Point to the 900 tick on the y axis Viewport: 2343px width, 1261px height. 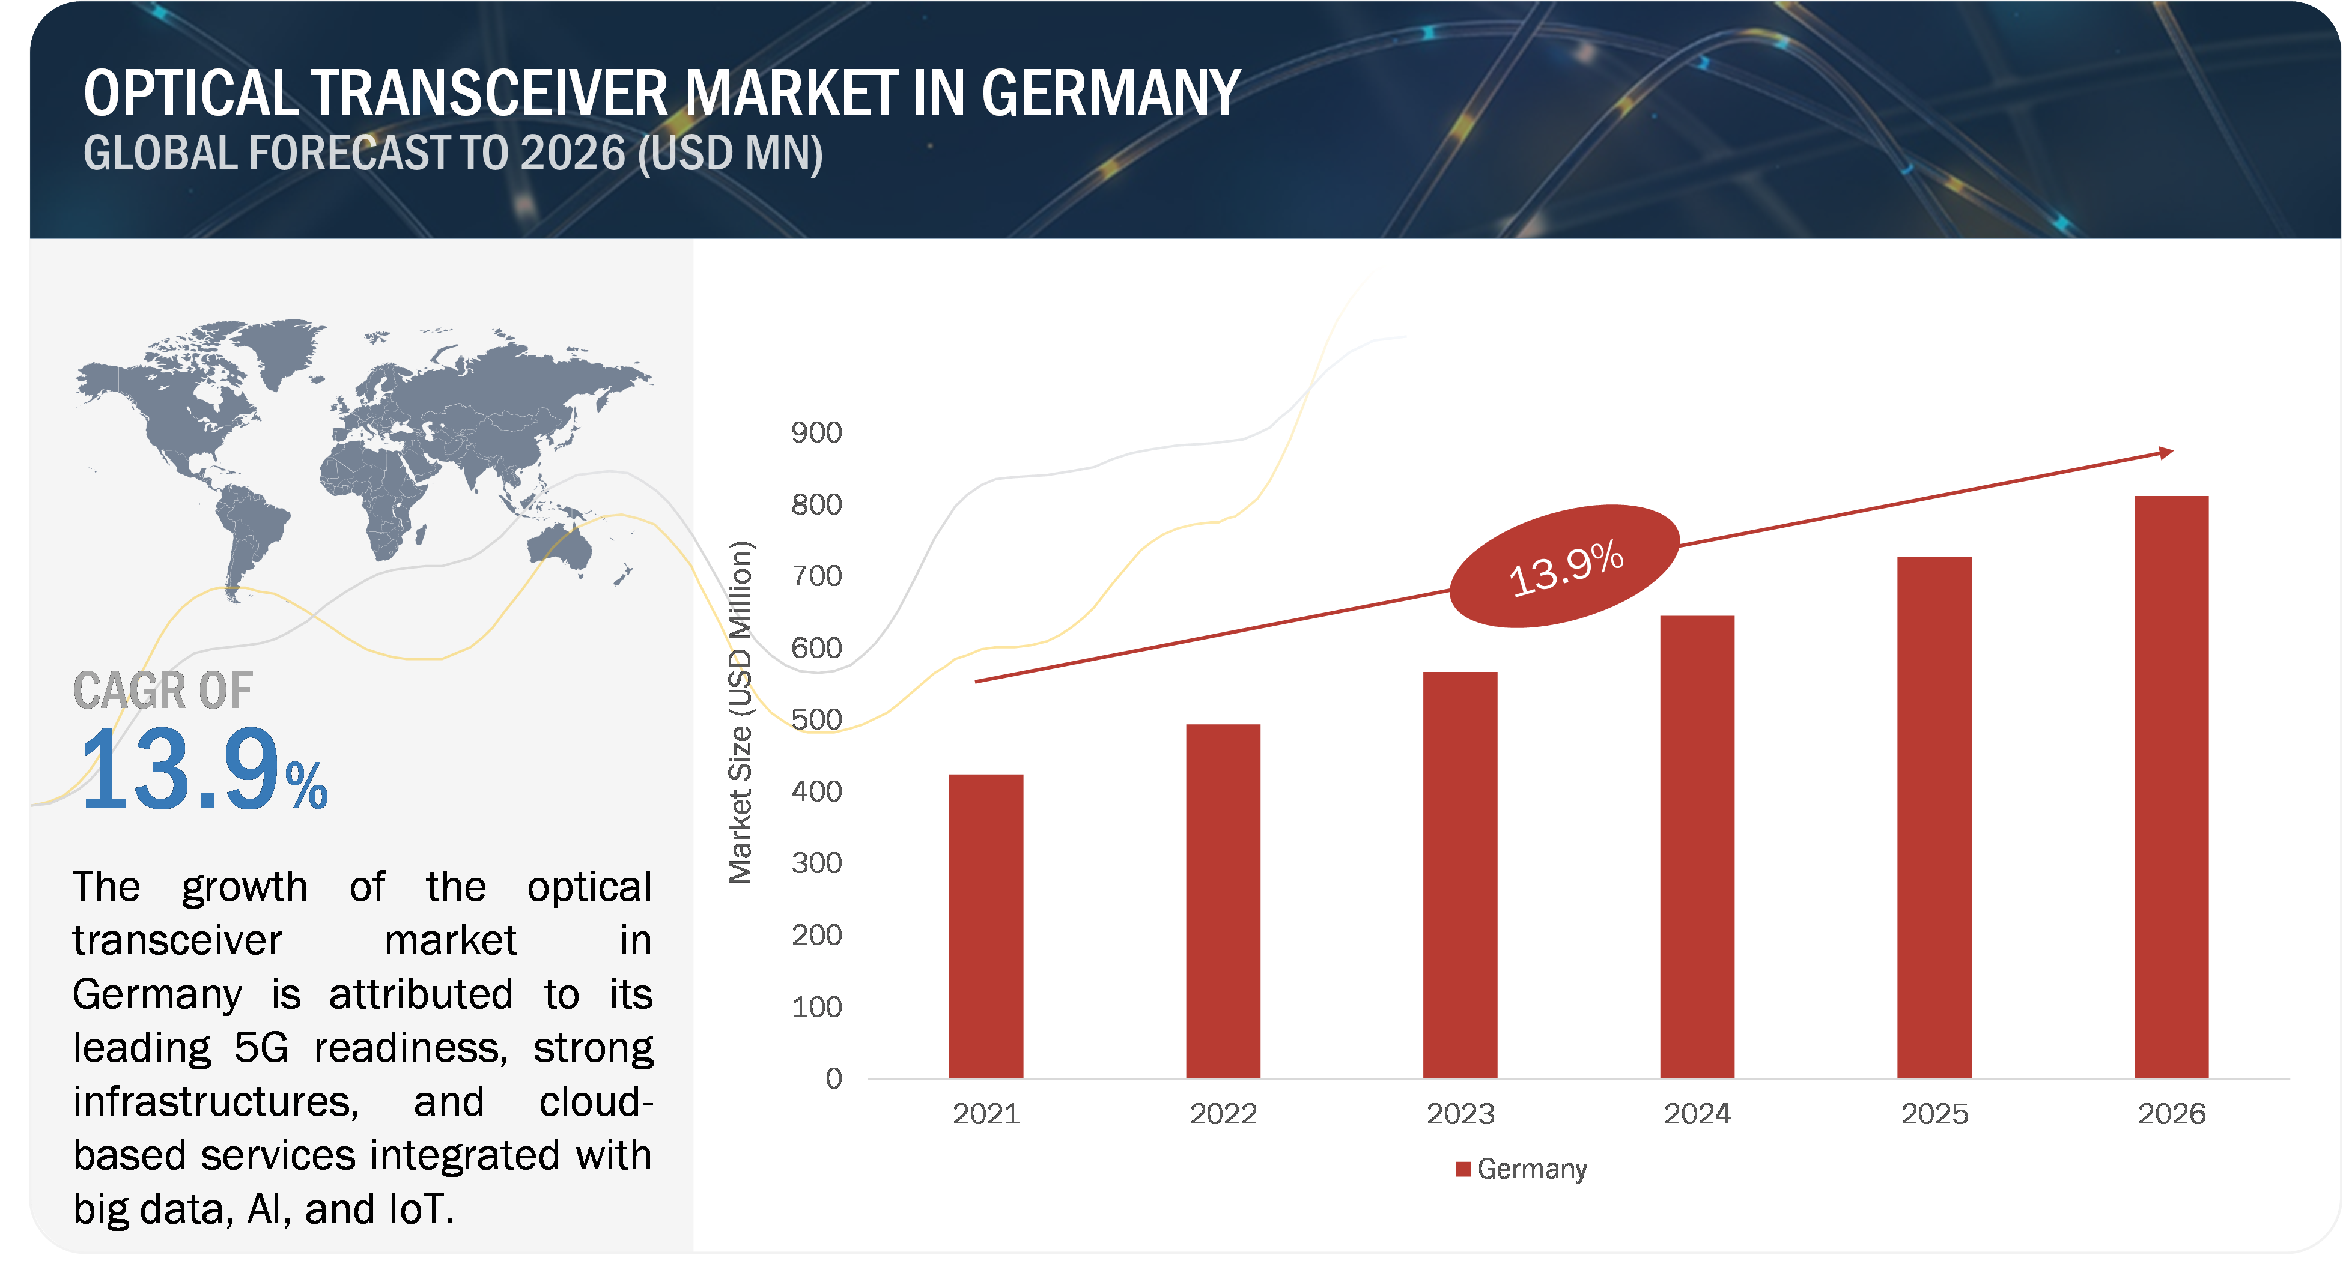[x=816, y=433]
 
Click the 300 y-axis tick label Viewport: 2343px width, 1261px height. [x=816, y=863]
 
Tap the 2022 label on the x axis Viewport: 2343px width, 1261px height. [x=1223, y=1114]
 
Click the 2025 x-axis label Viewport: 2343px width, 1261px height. [x=1934, y=1114]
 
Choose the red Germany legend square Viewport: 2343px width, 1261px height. [x=1463, y=1169]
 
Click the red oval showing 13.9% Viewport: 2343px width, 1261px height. [x=1564, y=566]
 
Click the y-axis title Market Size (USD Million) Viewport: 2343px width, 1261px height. [x=740, y=712]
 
